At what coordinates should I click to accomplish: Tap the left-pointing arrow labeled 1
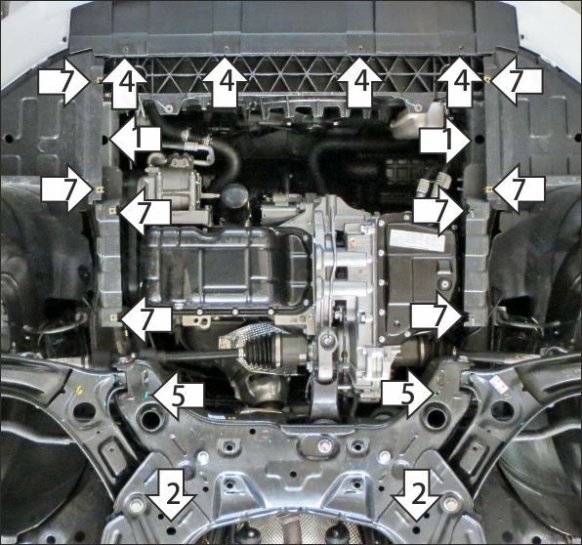135,140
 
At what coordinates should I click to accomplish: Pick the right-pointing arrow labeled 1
446,140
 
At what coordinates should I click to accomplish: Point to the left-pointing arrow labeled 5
179,397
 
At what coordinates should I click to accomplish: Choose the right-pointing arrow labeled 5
408,397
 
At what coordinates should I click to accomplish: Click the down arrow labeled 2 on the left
172,495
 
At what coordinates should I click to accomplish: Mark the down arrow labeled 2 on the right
417,495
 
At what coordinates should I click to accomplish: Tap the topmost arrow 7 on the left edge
65,82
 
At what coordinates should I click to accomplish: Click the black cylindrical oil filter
235,200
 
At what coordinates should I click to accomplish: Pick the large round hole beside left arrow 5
150,418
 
